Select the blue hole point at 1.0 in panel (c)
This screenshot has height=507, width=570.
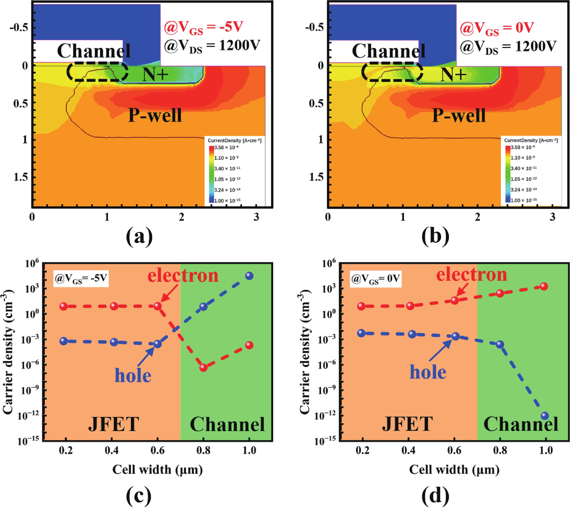tap(249, 276)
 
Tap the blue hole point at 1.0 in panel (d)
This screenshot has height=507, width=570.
tap(545, 416)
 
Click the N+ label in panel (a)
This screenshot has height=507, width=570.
tap(155, 75)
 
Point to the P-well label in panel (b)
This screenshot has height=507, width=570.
tap(459, 115)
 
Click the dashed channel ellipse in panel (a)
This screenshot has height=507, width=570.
tap(97, 72)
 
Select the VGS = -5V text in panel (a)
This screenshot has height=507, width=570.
tap(204, 28)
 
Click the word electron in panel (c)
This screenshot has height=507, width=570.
tap(183, 276)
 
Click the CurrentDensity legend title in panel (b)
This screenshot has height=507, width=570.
tap(531, 140)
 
